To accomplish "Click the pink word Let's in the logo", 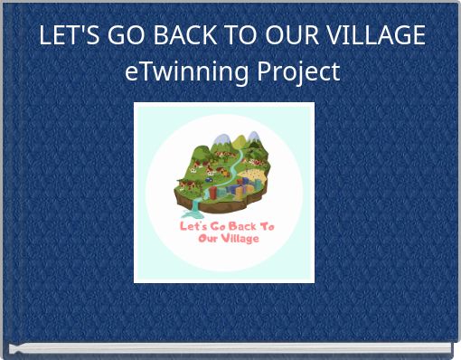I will [193, 226].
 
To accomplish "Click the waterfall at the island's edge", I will [194, 207].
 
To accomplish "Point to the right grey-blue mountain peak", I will [253, 137].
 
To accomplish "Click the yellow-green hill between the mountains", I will [238, 143].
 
